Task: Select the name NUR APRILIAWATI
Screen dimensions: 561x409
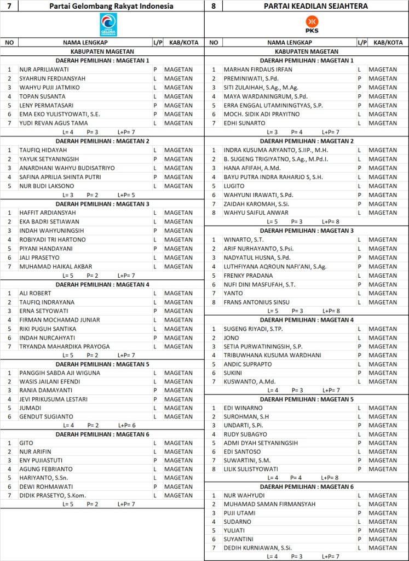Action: (x=44, y=70)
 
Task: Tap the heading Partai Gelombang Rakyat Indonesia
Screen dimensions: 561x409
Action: (x=111, y=6)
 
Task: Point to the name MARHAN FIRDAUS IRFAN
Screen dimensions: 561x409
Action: (x=258, y=70)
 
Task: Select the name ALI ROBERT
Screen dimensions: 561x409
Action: (x=36, y=293)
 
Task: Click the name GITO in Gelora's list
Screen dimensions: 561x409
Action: (x=26, y=443)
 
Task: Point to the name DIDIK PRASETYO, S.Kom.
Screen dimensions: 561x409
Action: (x=54, y=495)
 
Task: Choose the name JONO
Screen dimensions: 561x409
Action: (x=232, y=337)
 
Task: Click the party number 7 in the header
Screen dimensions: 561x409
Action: (x=8, y=6)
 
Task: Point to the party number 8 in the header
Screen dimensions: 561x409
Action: (x=213, y=6)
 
